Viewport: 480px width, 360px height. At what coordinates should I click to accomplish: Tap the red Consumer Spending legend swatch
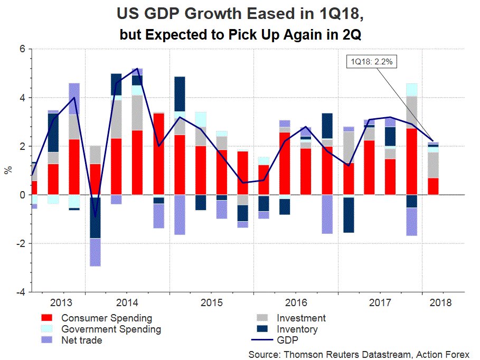point(47,318)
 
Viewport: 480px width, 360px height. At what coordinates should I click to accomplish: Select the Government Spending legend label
point(111,329)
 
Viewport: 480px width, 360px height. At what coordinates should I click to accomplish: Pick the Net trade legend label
point(81,340)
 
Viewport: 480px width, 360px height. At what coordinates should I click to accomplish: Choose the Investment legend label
point(301,318)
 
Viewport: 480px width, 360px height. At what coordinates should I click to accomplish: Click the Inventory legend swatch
point(262,329)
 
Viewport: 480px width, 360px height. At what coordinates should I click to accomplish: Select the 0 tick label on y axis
point(23,195)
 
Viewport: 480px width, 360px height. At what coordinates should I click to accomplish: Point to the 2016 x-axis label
point(296,303)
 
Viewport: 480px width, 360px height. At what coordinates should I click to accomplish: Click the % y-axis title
point(8,170)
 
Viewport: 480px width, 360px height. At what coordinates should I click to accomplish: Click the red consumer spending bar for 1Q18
point(432,186)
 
